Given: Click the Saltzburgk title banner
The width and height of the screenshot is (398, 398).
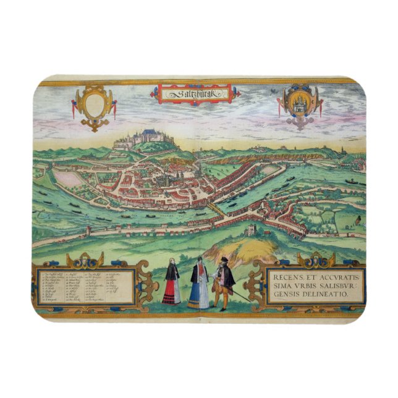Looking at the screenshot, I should [x=193, y=94].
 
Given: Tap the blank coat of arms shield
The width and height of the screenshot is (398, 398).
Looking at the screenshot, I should [x=93, y=105].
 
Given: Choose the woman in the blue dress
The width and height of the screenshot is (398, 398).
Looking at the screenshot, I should [x=199, y=286].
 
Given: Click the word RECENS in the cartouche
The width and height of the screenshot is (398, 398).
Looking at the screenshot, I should [x=289, y=276].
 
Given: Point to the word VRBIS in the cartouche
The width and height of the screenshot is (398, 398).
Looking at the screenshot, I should [x=308, y=286].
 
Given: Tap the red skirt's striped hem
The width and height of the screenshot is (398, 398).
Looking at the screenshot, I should [x=171, y=300].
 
